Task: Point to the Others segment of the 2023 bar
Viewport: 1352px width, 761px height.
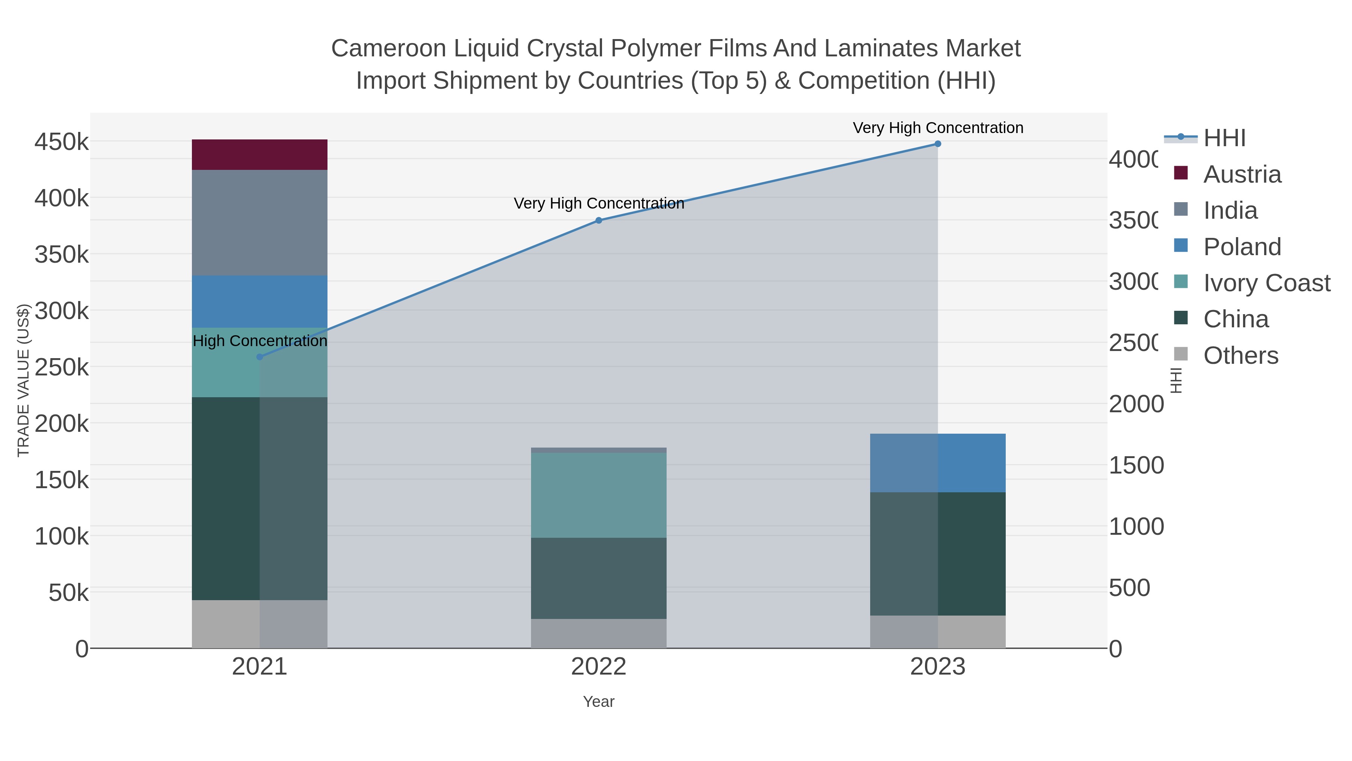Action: click(x=937, y=631)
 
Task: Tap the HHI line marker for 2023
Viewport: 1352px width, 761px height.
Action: click(x=937, y=144)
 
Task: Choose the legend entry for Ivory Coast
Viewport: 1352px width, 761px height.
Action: click(x=1266, y=283)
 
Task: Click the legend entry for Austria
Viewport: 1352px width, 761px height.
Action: click(x=1242, y=174)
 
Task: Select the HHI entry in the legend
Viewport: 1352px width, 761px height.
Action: click(x=1224, y=138)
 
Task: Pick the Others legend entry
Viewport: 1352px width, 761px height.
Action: click(x=1240, y=356)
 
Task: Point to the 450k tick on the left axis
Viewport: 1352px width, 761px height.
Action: click(x=62, y=142)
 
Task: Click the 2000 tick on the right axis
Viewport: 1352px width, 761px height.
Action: click(x=1136, y=404)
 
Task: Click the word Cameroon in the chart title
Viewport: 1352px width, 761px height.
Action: click(x=388, y=48)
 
